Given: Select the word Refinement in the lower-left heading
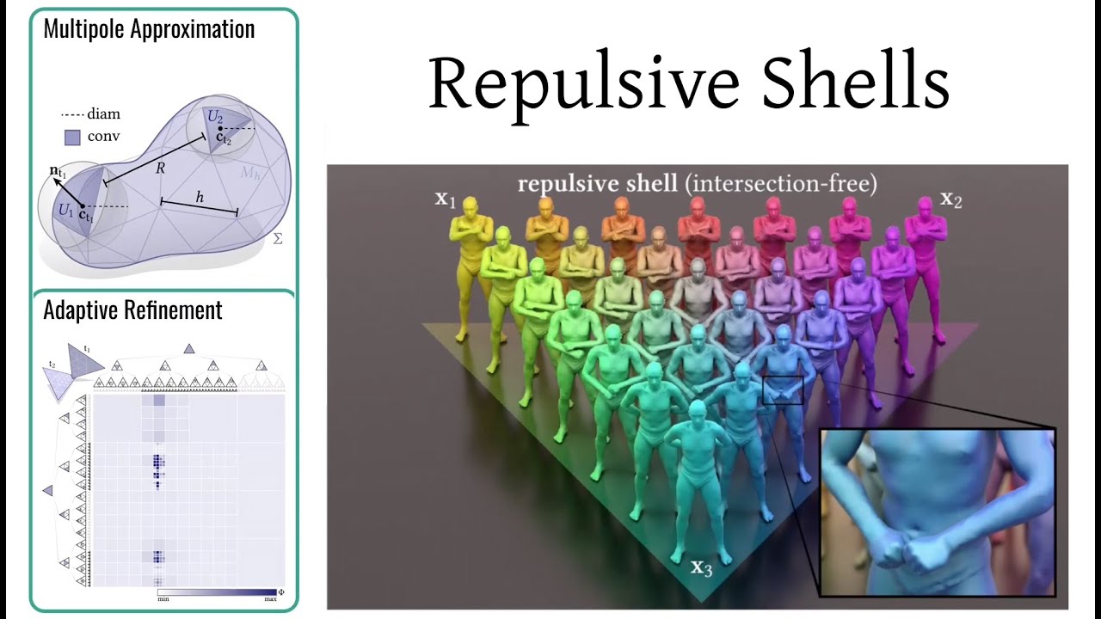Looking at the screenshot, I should [174, 310].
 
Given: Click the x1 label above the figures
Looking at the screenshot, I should [445, 200].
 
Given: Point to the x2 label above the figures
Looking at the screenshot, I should [950, 200].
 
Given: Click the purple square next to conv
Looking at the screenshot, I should [72, 137].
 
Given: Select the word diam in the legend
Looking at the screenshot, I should [104, 113].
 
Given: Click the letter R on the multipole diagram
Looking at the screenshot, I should [160, 169].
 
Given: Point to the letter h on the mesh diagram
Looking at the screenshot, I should [200, 197].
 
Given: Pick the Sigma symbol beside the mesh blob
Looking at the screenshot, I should [277, 237].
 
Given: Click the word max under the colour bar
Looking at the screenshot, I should [270, 598].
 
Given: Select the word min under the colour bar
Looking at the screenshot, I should [163, 598].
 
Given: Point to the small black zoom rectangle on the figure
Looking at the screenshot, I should [783, 389].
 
